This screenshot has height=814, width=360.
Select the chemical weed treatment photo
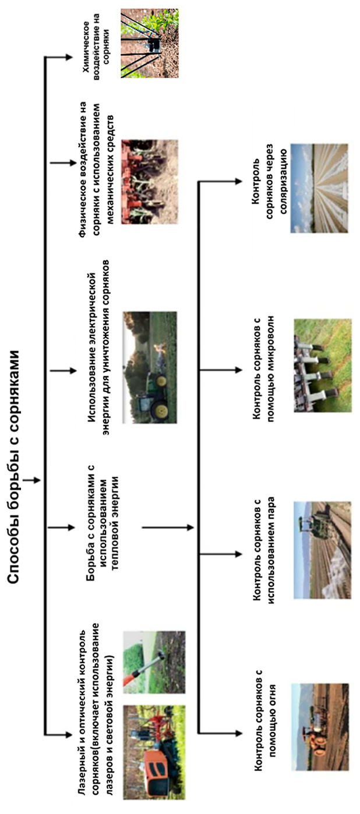click(x=149, y=43)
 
